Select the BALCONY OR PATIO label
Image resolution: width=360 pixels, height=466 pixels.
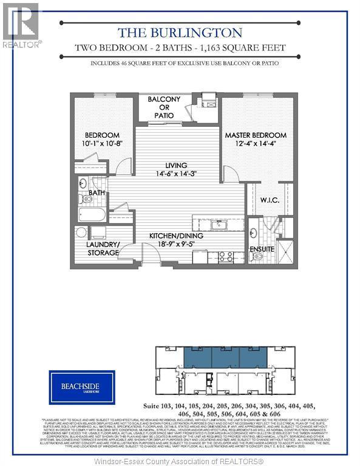pos(160,107)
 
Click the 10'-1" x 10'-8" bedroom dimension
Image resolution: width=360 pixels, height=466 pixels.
pos(102,144)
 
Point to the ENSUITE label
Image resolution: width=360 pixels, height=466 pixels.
pos(262,249)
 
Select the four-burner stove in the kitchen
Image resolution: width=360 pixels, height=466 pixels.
pos(226,257)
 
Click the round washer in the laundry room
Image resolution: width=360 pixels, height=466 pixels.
pos(81,232)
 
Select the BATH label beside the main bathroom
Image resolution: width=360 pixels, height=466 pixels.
pos(97,193)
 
